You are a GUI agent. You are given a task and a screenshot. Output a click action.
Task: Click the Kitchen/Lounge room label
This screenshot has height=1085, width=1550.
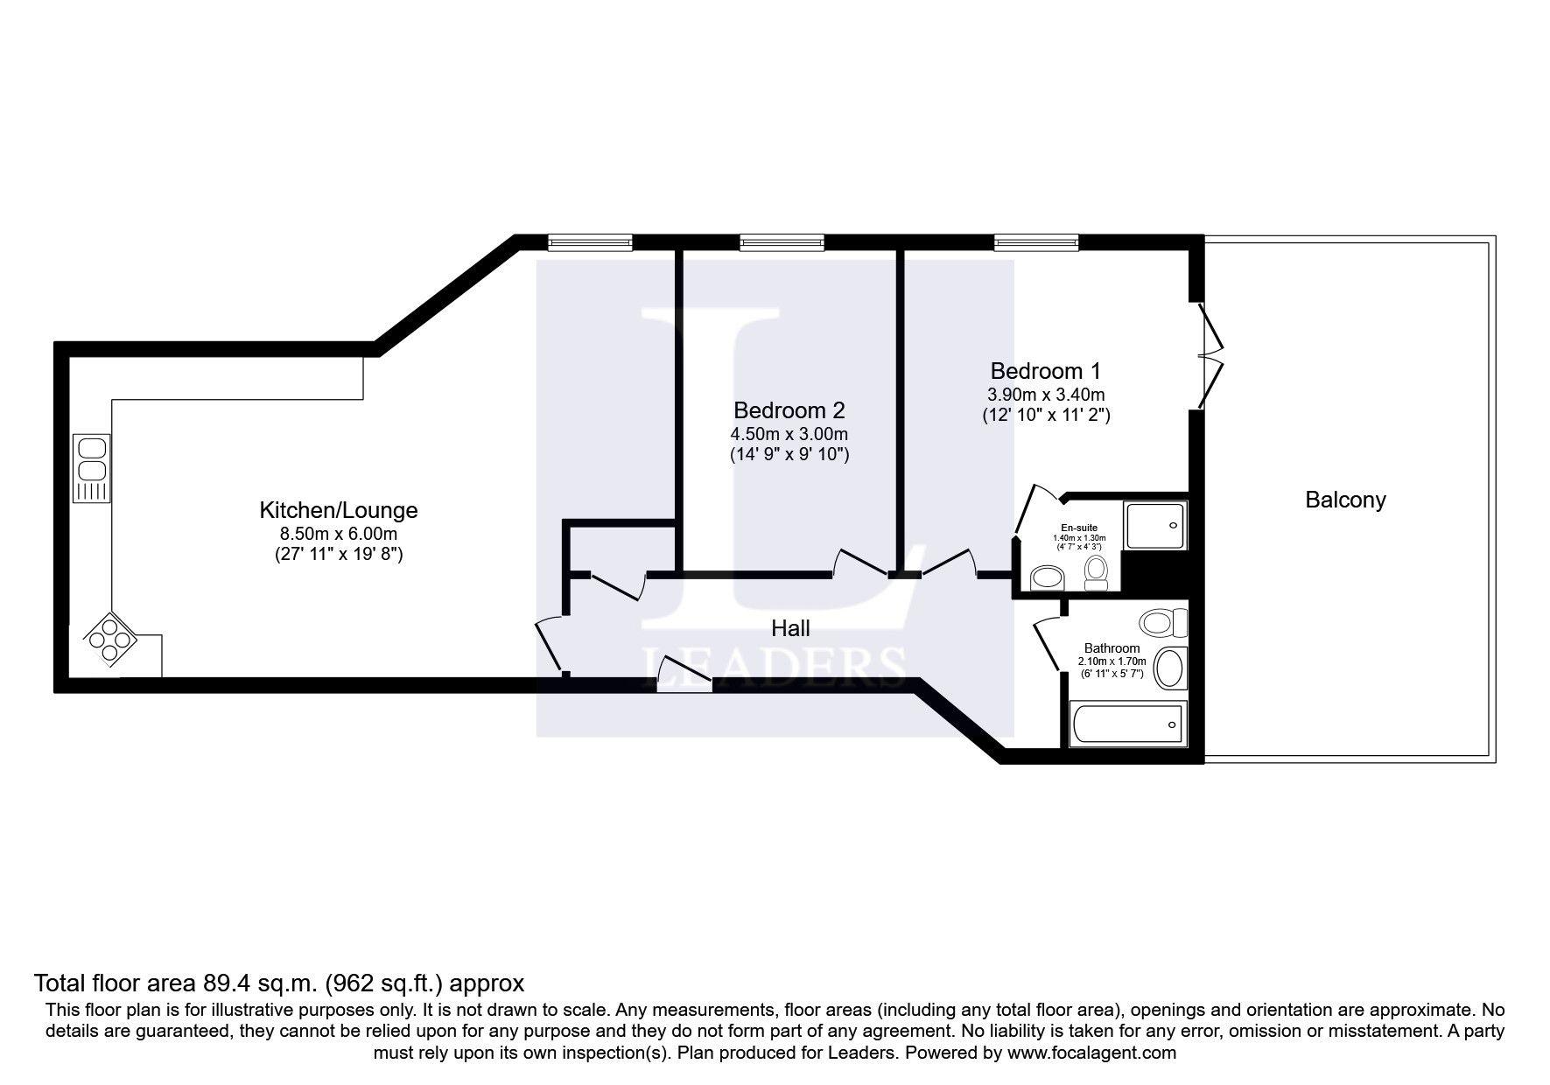(339, 510)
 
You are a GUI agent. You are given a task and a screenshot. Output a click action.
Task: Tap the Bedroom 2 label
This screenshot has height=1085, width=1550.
(789, 409)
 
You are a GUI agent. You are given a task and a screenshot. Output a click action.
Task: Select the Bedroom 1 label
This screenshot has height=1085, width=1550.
(1046, 370)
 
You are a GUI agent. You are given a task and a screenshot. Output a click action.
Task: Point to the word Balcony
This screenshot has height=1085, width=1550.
(1345, 500)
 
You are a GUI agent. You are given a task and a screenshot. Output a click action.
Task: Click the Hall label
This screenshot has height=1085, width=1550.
(790, 627)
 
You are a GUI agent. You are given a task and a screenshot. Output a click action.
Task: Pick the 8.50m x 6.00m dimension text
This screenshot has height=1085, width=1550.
(339, 534)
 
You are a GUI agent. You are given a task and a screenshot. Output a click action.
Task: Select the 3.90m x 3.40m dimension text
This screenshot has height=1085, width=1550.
(1046, 394)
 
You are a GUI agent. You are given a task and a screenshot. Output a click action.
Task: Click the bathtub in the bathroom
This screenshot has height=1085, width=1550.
(1129, 723)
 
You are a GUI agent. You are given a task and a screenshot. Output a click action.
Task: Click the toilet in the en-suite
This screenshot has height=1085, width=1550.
(1096, 572)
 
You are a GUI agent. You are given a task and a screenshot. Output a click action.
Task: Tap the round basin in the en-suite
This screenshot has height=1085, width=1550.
(1047, 577)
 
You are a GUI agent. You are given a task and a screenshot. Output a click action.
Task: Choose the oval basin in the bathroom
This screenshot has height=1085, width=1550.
(1169, 668)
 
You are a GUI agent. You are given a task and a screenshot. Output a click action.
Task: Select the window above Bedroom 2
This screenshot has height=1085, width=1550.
(782, 242)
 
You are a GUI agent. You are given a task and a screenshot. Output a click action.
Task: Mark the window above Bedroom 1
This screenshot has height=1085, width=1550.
(1036, 242)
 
